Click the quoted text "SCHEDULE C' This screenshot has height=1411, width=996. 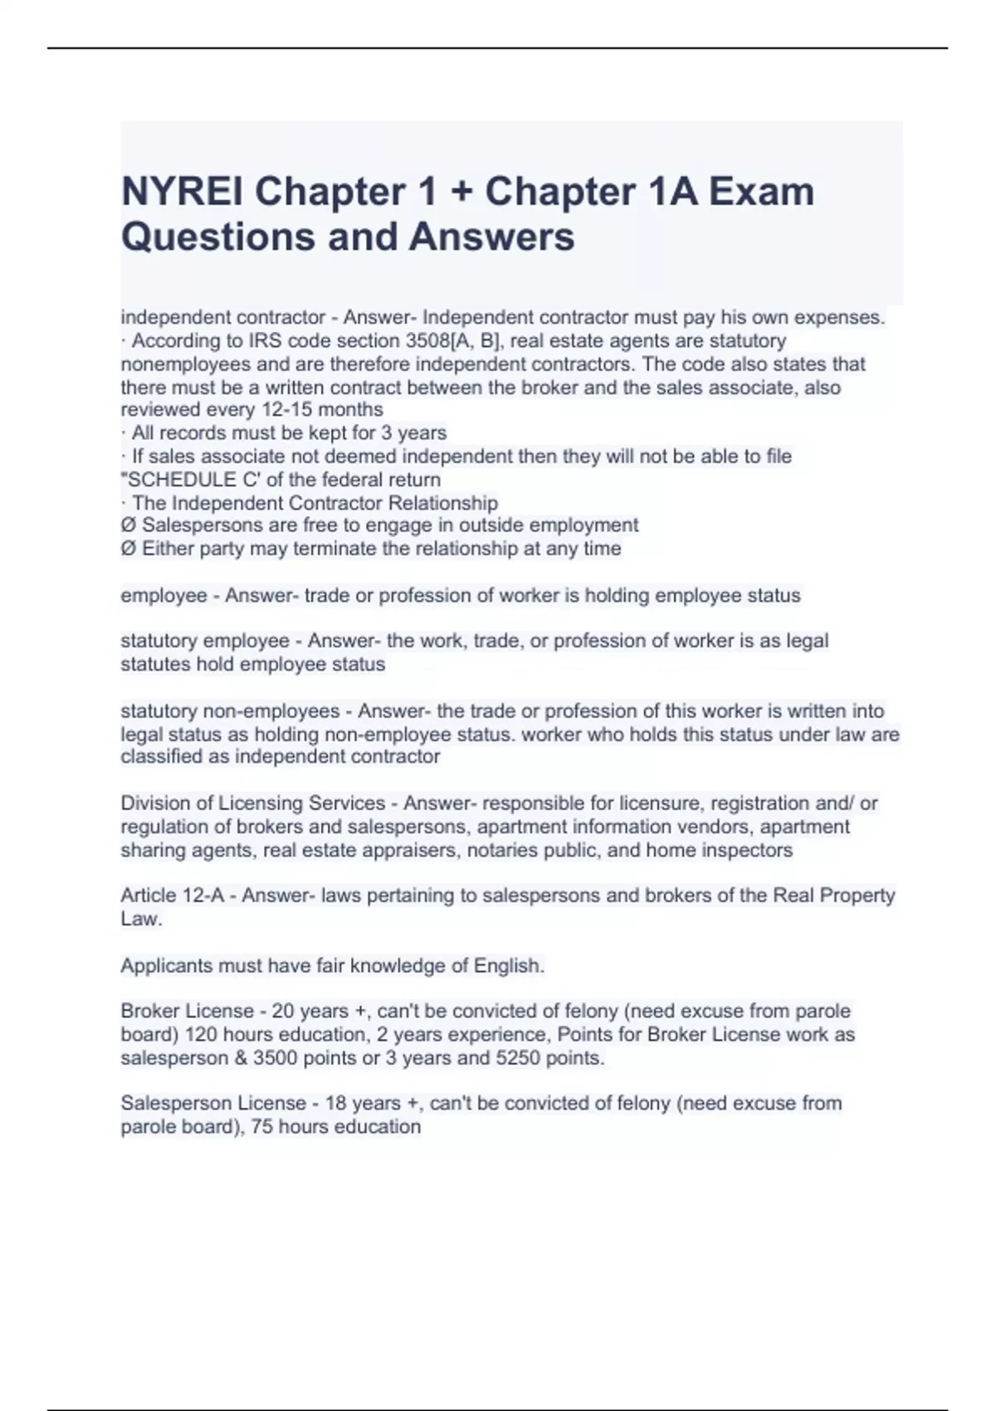178,480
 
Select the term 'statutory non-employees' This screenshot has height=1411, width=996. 230,711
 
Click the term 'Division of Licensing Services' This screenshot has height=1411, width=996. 252,803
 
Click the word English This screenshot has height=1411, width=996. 508,966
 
